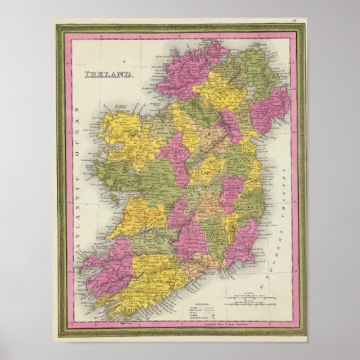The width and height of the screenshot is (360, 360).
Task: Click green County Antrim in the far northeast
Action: coord(255,71)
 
